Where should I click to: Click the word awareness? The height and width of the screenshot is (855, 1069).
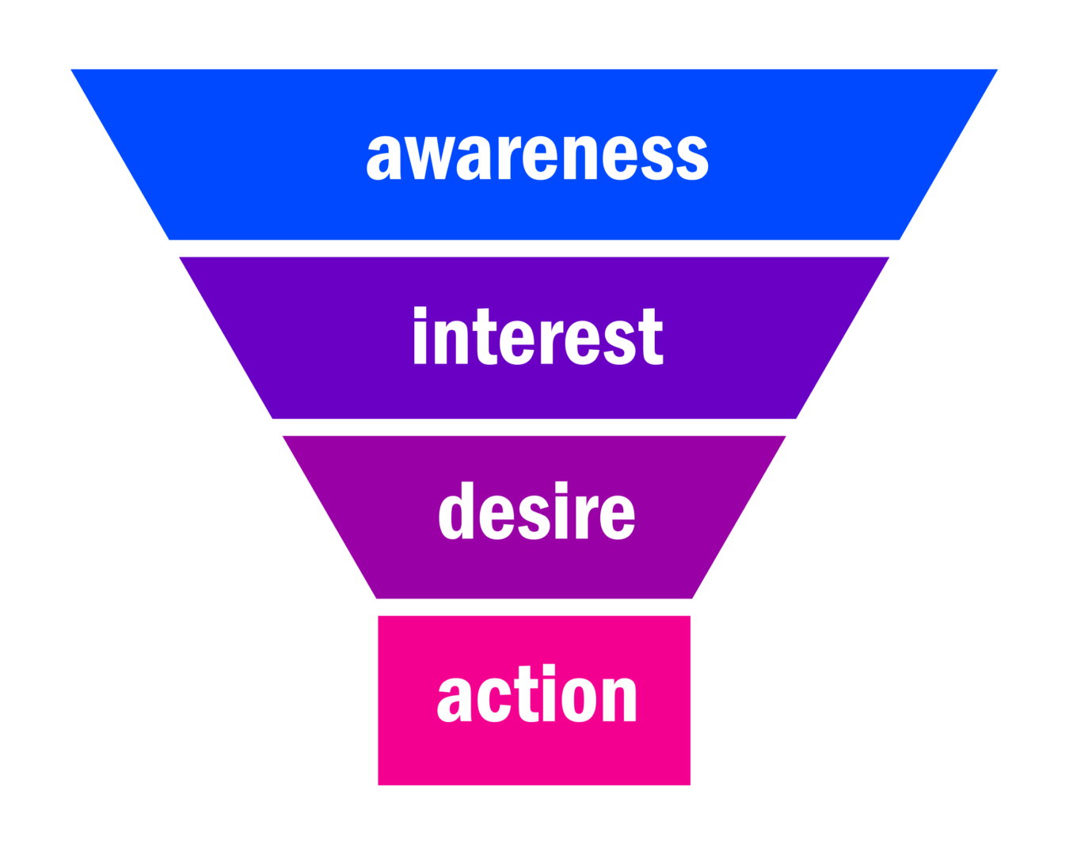537,154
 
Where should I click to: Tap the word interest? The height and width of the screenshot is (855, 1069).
537,337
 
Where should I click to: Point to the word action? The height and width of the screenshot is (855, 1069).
536,696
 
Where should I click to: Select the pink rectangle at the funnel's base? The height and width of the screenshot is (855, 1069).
412,752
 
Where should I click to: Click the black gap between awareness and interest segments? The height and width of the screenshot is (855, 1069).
534,248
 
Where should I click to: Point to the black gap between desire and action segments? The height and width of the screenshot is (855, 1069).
534,607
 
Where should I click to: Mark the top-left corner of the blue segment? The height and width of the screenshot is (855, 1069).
71,70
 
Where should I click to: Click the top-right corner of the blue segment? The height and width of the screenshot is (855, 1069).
997,70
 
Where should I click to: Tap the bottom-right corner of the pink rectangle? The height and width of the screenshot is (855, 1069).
690,785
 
